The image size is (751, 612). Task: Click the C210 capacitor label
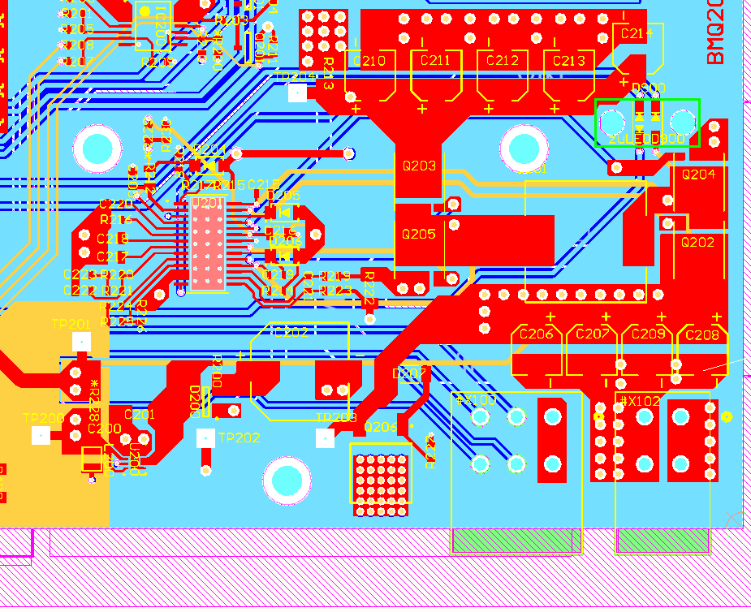(x=369, y=61)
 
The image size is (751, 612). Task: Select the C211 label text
(x=435, y=60)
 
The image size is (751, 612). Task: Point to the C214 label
(x=636, y=33)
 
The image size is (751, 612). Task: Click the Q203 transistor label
(x=419, y=166)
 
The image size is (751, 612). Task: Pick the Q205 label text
(x=419, y=234)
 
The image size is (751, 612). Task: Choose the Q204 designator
(x=698, y=174)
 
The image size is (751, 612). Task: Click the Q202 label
(x=697, y=242)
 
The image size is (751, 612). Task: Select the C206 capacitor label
(x=536, y=334)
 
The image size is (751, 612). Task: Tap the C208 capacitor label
(x=702, y=334)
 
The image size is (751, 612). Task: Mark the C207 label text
(x=592, y=334)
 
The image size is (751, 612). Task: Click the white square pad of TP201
(x=81, y=342)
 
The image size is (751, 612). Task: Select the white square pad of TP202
(x=206, y=437)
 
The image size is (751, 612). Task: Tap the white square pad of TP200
(x=41, y=436)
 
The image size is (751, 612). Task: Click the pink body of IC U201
(x=208, y=244)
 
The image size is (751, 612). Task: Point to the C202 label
(x=291, y=332)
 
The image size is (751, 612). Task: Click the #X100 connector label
(x=476, y=400)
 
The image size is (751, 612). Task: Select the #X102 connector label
(x=640, y=400)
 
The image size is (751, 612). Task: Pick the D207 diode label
(x=408, y=373)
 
